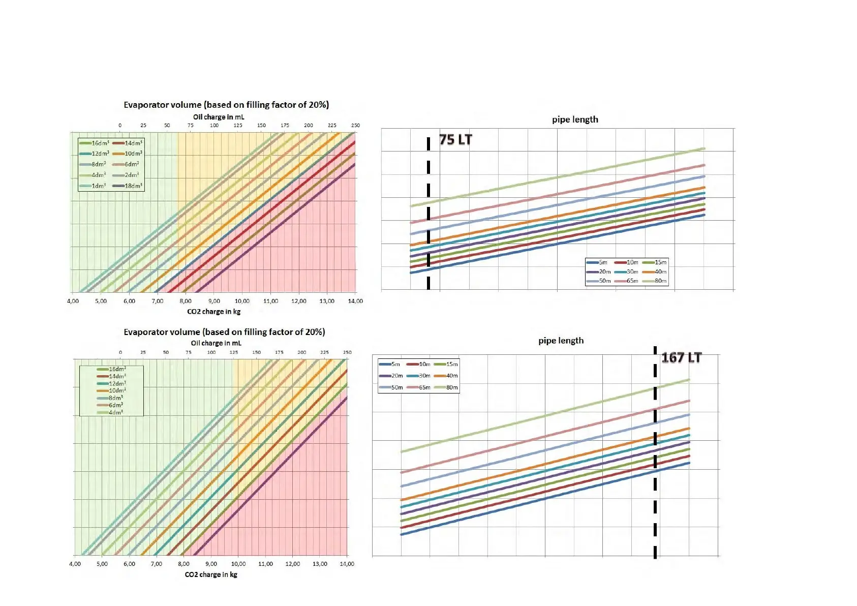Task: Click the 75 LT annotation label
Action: tap(455, 140)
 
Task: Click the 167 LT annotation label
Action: tap(681, 358)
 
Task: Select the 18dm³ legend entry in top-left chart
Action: tap(128, 186)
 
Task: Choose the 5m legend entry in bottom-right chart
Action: tap(390, 365)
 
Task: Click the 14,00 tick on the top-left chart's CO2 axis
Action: tap(355, 301)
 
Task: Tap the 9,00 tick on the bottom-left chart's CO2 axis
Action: tap(211, 564)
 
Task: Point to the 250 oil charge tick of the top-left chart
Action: tap(355, 125)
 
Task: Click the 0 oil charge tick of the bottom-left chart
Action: tap(120, 352)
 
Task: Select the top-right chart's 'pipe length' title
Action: tap(575, 119)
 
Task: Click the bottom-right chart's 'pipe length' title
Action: tap(561, 341)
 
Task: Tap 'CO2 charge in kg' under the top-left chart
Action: tap(213, 312)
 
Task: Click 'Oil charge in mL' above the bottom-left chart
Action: tap(216, 343)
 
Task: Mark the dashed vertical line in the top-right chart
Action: tap(428, 214)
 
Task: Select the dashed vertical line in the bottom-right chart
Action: tap(655, 458)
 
